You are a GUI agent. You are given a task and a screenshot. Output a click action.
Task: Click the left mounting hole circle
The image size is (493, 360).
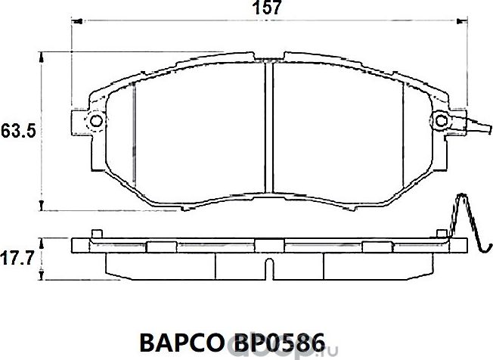point(95,121)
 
